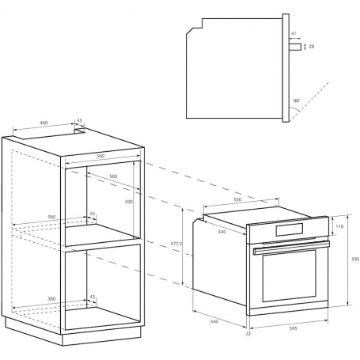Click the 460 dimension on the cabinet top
[x=44, y=123]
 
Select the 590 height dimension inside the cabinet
[x=129, y=202]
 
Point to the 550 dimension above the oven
[x=237, y=199]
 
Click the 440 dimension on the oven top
[x=222, y=232]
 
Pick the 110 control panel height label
[x=339, y=226]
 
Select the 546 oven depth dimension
[x=214, y=321]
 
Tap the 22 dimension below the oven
[x=248, y=333]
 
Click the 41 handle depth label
[x=294, y=33]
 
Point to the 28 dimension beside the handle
[x=312, y=47]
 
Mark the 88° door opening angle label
[x=297, y=100]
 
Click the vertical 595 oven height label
[x=355, y=260]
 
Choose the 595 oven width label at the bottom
[x=293, y=328]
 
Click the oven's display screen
[x=290, y=229]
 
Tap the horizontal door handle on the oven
[x=291, y=248]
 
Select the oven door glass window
[x=290, y=275]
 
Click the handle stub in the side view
[x=295, y=47]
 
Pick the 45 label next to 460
[x=79, y=120]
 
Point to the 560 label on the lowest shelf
[x=51, y=298]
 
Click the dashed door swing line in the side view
[x=309, y=101]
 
